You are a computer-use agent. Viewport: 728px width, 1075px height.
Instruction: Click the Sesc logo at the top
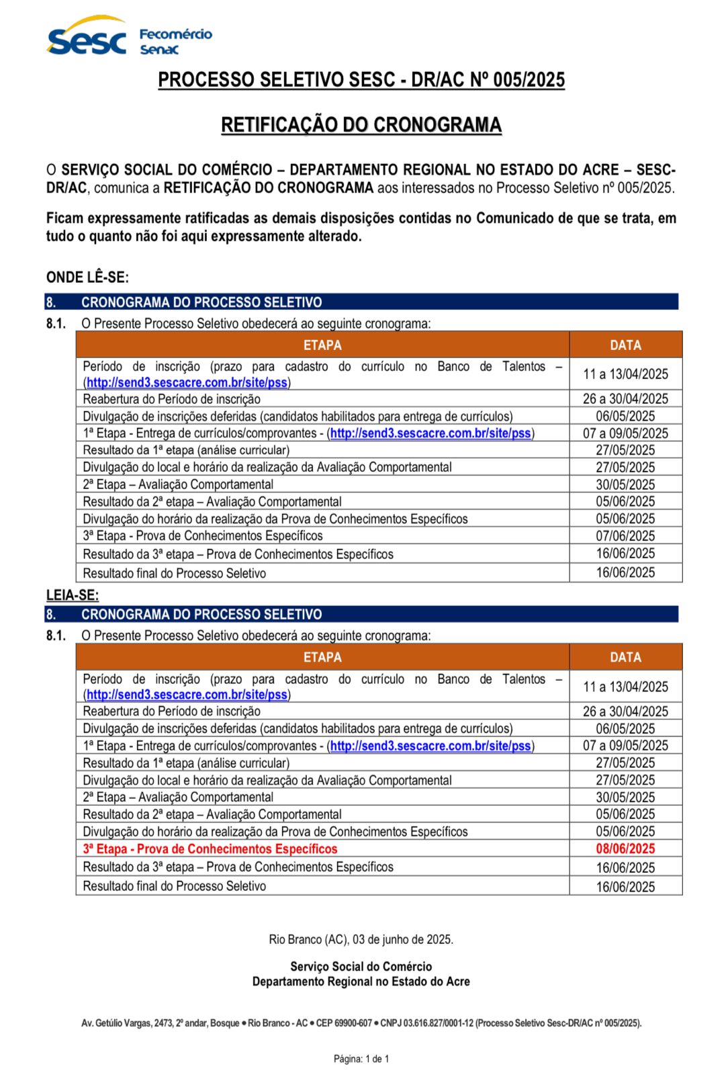click(x=86, y=39)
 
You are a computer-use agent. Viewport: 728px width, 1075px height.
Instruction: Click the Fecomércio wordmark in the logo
click(x=175, y=34)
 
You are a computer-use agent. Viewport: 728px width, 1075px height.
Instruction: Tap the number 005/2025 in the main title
click(x=529, y=80)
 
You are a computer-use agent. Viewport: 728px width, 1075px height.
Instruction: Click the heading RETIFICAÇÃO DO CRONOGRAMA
click(x=361, y=125)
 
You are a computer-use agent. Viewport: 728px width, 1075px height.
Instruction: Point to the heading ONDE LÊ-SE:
click(x=87, y=277)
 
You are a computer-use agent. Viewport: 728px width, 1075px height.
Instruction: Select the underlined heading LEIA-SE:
click(x=72, y=595)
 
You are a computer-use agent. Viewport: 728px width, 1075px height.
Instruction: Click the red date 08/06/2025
click(x=625, y=849)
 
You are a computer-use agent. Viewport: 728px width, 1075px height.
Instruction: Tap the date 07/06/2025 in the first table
click(x=625, y=536)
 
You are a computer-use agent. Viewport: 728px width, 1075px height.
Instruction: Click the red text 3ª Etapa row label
click(x=210, y=849)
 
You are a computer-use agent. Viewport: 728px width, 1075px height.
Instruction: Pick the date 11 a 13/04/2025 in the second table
click(x=625, y=687)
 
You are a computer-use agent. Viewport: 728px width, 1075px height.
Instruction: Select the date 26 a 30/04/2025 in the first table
click(x=625, y=398)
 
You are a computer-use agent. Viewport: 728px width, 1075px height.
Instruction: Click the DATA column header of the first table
click(x=625, y=345)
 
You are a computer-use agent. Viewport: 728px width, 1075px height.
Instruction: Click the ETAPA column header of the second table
click(x=322, y=657)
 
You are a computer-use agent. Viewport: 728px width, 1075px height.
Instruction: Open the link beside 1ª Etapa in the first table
click(x=430, y=433)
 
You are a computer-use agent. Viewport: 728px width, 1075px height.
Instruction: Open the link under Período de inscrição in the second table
click(x=187, y=695)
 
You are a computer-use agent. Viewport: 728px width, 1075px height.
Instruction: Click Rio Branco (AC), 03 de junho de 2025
click(x=361, y=939)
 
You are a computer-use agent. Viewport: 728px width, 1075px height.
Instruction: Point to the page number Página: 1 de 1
click(x=361, y=1059)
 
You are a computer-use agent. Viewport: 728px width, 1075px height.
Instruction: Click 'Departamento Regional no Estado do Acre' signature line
click(x=361, y=982)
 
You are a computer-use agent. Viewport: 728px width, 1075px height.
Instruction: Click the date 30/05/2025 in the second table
click(x=625, y=798)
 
